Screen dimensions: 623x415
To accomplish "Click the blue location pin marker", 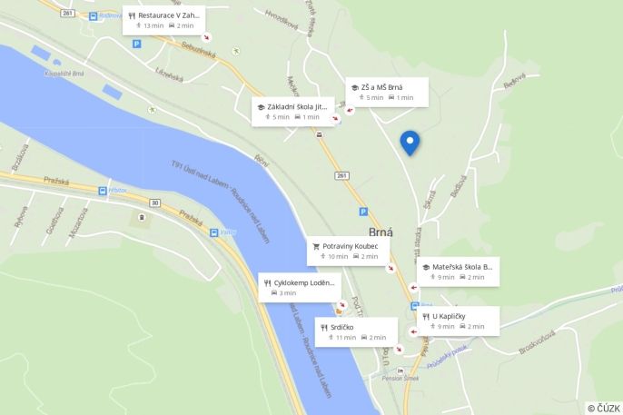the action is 410,142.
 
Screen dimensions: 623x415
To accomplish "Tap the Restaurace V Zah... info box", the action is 163,20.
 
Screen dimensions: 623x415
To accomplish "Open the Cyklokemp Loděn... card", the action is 300,287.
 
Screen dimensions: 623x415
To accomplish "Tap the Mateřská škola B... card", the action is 458,272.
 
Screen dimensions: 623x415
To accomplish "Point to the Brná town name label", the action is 381,232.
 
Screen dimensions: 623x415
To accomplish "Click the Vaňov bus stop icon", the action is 214,232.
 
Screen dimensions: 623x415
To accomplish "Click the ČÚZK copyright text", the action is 603,408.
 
